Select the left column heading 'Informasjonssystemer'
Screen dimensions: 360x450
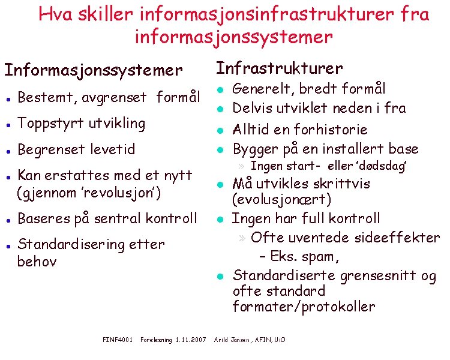[x=93, y=70]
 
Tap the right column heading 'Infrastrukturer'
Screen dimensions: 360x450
[x=279, y=68]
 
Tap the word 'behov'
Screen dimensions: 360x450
[x=37, y=262]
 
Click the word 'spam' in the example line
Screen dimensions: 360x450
[x=320, y=257]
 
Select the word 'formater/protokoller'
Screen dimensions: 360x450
[x=304, y=307]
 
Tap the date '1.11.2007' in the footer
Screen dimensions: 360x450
[x=190, y=340]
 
